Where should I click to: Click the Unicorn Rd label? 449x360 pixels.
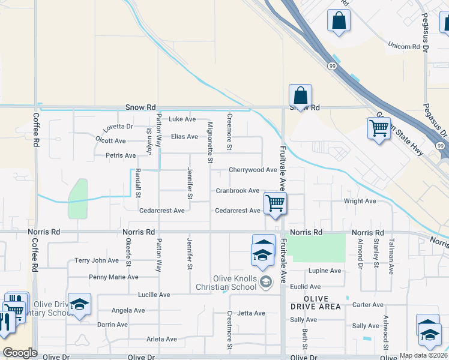[x=403, y=46]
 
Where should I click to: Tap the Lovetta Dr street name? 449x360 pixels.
[x=118, y=127]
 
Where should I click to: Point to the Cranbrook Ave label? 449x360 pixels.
[x=238, y=191]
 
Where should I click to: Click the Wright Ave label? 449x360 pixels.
[x=360, y=201]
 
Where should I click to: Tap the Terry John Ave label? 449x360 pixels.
[x=97, y=260]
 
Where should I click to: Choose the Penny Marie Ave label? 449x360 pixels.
[x=113, y=277]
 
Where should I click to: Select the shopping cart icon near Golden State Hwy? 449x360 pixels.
[x=378, y=128]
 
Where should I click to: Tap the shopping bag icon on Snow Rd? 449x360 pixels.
[x=300, y=95]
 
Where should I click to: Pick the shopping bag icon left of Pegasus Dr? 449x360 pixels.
[x=339, y=20]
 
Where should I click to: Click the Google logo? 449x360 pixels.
[x=20, y=353]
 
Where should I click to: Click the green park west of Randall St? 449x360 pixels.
[x=77, y=198]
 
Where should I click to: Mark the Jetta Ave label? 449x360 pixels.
[x=251, y=313]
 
